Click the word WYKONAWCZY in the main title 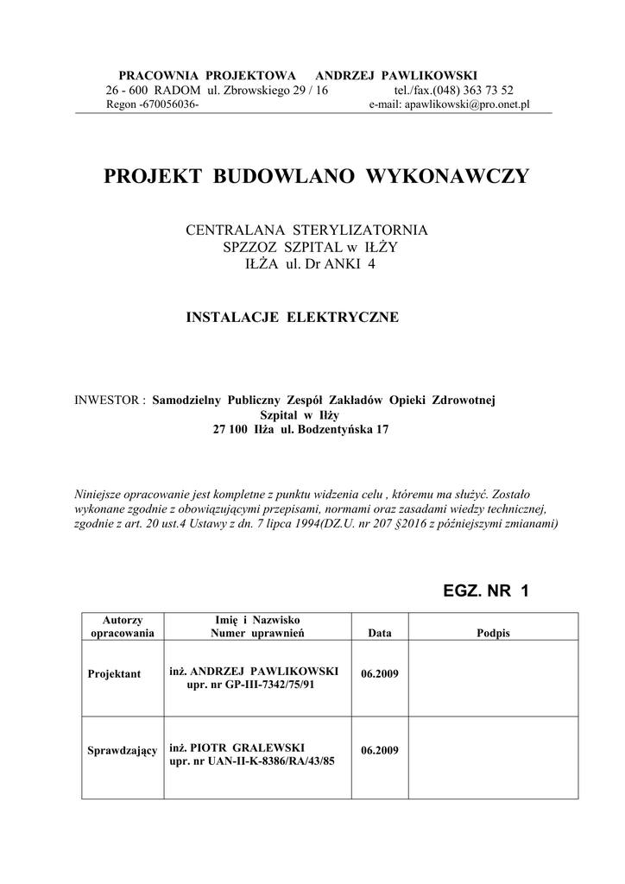448,177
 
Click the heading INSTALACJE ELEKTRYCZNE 293,318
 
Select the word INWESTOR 110,401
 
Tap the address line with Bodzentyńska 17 294,430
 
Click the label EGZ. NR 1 484,591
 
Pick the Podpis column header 493,634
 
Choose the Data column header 380,634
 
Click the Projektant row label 113,673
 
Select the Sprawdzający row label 123,751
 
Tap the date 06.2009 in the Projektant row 380,672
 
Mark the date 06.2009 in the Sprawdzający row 380,750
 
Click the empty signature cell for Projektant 493,679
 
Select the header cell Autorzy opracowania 122,627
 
